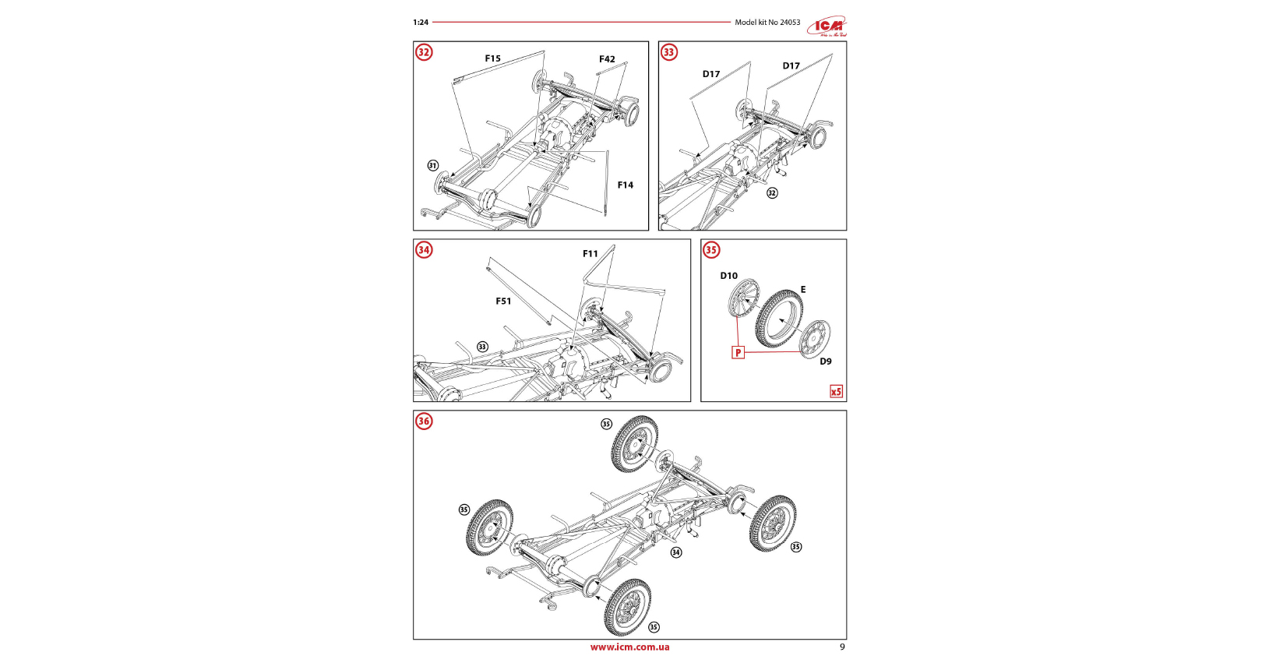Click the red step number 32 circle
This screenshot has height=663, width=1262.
pos(424,52)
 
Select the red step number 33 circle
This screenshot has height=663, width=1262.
pos(669,52)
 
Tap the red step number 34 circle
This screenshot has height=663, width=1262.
pos(424,250)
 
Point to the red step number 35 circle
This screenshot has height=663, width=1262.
pos(711,250)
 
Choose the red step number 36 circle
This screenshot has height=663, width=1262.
pos(424,421)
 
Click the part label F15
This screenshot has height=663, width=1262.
pos(492,58)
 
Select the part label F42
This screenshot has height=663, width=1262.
pos(607,59)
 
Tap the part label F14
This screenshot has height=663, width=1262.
pos(625,185)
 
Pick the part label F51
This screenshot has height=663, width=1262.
pos(503,302)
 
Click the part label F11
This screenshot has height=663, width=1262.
pos(590,254)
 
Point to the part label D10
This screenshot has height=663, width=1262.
pos(728,276)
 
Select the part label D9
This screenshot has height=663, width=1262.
pos(825,361)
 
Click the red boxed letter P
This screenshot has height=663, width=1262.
pos(738,352)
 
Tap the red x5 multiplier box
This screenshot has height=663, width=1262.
pos(836,391)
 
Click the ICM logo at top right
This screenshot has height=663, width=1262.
pos(827,26)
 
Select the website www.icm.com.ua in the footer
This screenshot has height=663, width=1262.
pos(629,647)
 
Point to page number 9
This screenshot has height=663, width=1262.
pos(842,647)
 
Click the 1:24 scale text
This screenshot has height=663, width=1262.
pos(421,23)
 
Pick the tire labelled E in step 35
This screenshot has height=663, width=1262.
pos(779,319)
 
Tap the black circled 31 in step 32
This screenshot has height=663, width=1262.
pos(433,166)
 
